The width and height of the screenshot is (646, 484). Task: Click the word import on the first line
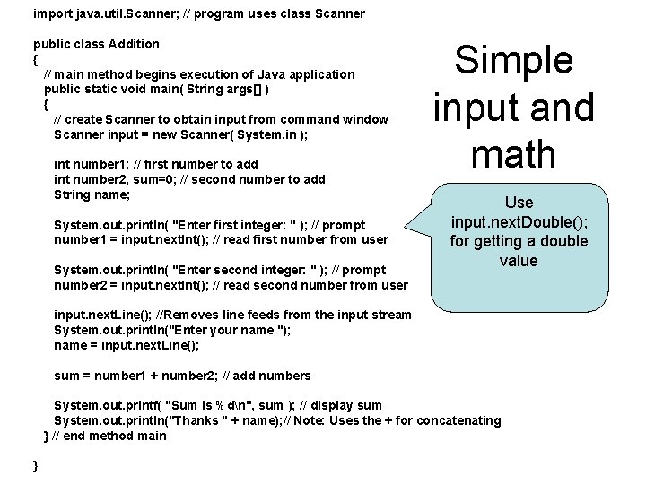point(51,13)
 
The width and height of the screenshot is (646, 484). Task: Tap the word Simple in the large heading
point(513,61)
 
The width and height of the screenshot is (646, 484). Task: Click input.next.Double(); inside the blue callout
point(519,221)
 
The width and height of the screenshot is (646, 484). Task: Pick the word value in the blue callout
point(519,261)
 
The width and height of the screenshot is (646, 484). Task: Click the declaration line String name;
point(92,194)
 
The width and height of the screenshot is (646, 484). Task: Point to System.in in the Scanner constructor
point(266,134)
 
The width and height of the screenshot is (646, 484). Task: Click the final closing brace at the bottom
point(35,466)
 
